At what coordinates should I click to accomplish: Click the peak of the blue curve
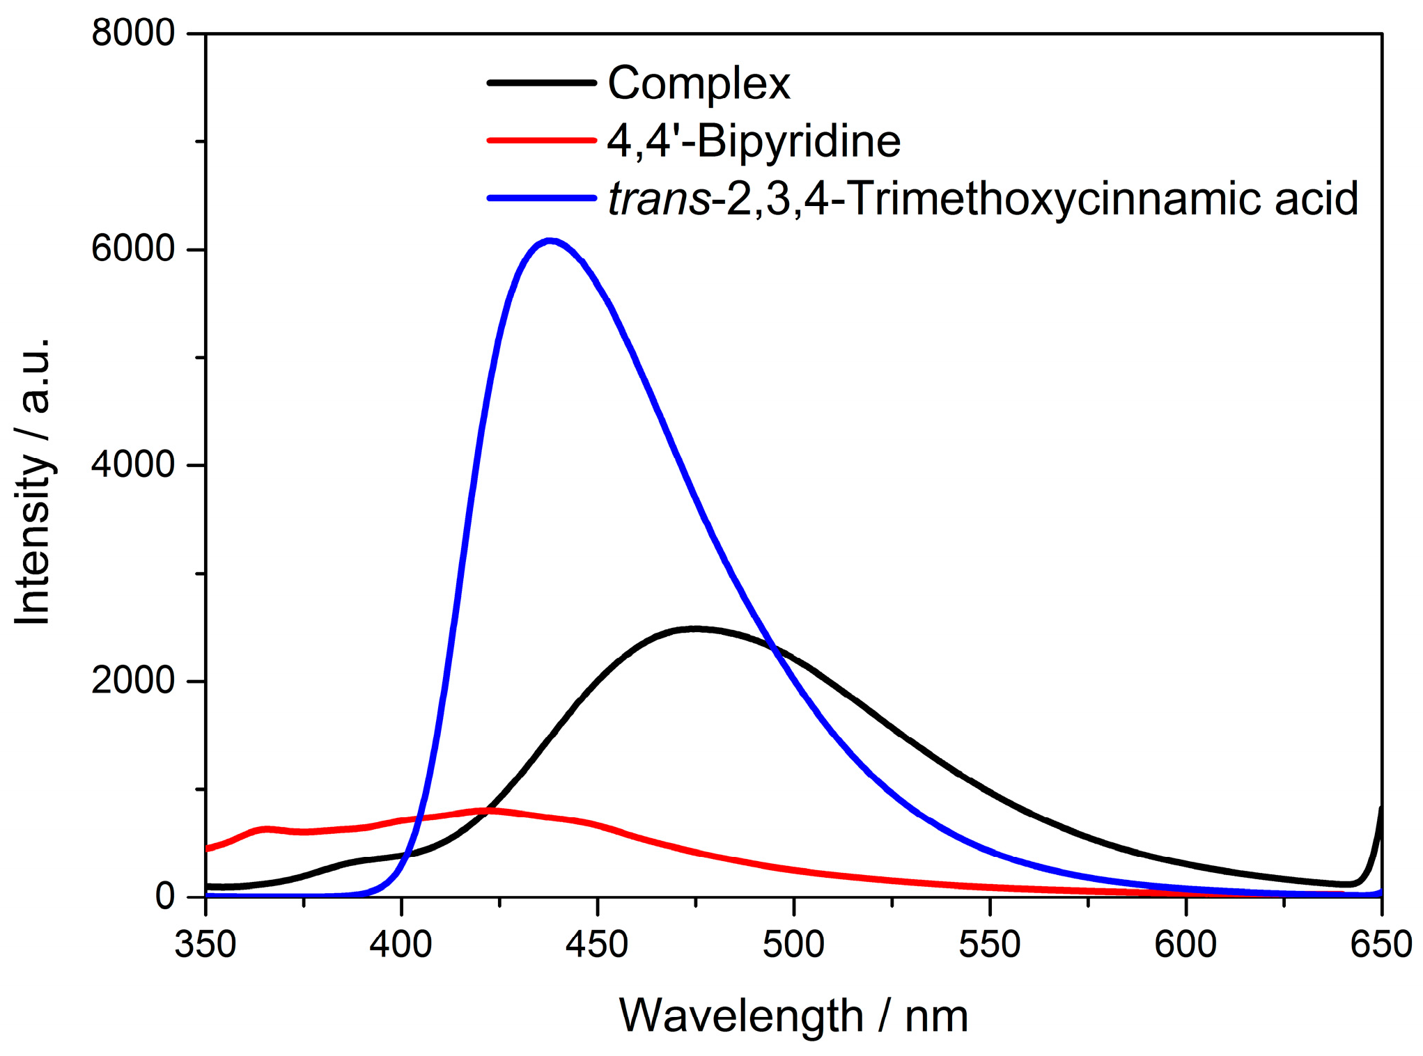[550, 241]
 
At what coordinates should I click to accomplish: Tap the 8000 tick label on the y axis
[132, 33]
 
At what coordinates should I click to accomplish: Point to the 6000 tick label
[132, 249]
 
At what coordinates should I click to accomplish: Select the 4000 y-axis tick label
[132, 464]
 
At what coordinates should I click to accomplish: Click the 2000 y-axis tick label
[132, 680]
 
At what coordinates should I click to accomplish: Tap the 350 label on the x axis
[205, 945]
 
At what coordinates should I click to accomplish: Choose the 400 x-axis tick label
[401, 945]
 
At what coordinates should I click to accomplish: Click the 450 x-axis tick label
[598, 945]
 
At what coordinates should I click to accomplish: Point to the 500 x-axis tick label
[793, 945]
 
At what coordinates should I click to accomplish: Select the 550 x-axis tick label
[990, 945]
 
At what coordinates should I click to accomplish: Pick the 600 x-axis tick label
[1185, 945]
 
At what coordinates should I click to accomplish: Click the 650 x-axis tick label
[1381, 945]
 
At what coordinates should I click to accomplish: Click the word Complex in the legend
[699, 84]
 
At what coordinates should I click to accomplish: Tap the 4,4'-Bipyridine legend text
[754, 141]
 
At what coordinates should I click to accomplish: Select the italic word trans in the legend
[658, 198]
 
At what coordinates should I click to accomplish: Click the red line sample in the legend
[541, 141]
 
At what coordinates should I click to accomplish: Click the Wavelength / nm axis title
[793, 1016]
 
